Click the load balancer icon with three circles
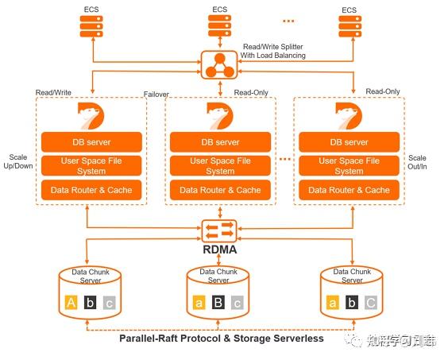[220, 65]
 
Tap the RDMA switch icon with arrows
[220, 230]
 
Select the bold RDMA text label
[220, 250]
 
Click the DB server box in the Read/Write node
[91, 142]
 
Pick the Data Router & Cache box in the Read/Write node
[91, 190]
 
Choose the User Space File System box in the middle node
[220, 166]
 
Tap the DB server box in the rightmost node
[349, 142]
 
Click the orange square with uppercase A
[71, 303]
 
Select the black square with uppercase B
[218, 303]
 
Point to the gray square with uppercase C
[371, 303]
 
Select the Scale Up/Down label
[17, 163]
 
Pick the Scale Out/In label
[417, 163]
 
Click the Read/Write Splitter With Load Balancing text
[274, 51]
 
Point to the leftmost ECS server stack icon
[92, 29]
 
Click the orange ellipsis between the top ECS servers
[288, 18]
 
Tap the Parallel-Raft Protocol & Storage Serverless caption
[222, 339]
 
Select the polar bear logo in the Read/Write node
[92, 116]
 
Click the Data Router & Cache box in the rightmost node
[349, 190]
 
